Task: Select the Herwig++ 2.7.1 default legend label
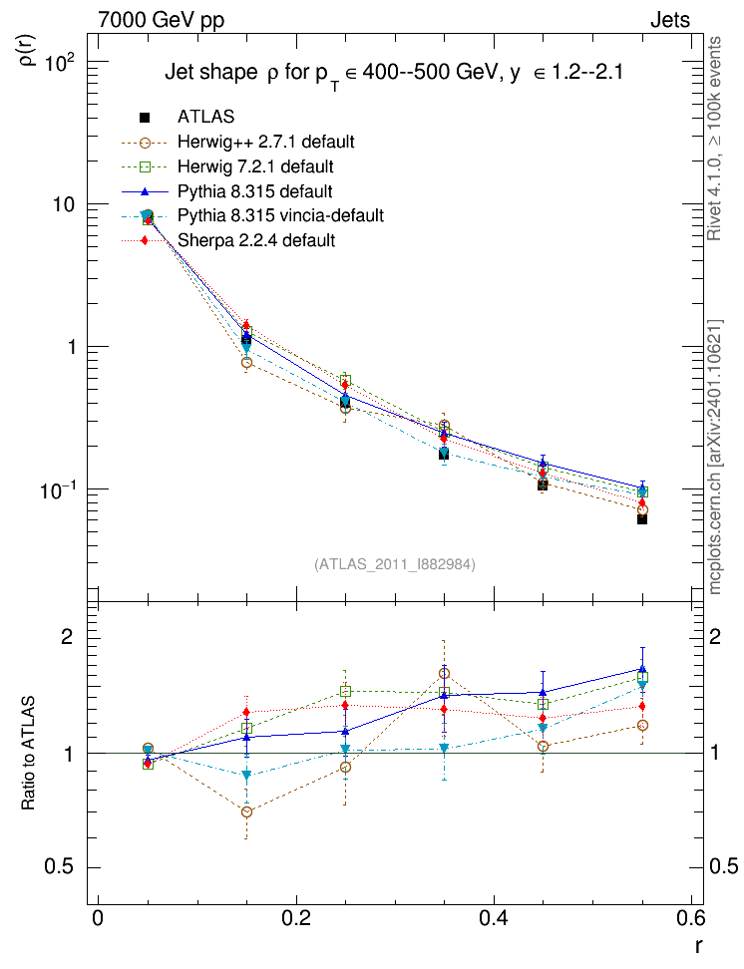point(266,142)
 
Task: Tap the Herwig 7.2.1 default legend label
point(255,166)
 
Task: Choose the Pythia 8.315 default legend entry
point(254,191)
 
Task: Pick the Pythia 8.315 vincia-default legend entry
point(281,215)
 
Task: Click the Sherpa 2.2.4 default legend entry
point(256,240)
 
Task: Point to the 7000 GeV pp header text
point(161,20)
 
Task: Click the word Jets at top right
point(670,20)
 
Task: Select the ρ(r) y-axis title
point(29,51)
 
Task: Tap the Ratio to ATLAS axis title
point(28,754)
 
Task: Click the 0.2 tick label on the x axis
point(296,918)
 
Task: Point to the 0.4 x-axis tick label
point(494,918)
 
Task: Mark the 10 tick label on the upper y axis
point(64,204)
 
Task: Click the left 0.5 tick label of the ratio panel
point(59,867)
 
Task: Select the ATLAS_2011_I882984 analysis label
point(395,564)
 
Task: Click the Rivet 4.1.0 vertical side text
point(714,139)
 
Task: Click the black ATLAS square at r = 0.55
point(642,519)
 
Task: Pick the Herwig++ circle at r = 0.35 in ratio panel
point(444,674)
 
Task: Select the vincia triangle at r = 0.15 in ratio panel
point(246,775)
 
